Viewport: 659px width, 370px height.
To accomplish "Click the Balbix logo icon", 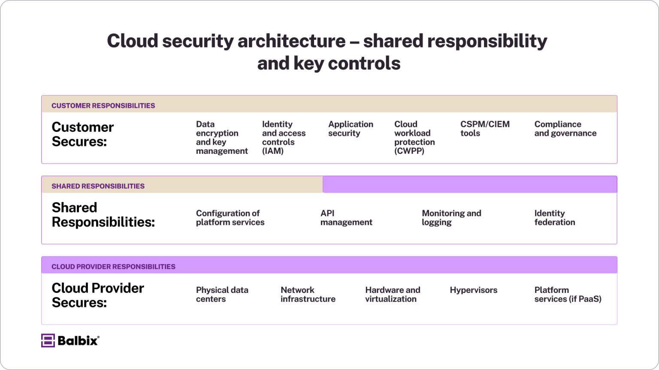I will pyautogui.click(x=48, y=340).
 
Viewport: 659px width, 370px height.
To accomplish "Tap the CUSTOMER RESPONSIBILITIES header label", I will pyautogui.click(x=103, y=106).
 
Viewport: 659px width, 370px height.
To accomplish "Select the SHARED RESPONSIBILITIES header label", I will pyautogui.click(x=98, y=186).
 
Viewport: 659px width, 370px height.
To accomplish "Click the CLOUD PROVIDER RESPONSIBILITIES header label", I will pyautogui.click(x=113, y=267).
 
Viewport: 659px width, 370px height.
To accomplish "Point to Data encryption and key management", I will pyautogui.click(x=221, y=137).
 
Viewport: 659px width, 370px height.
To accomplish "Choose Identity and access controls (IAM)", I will pyautogui.click(x=284, y=137).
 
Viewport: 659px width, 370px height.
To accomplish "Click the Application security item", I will pyautogui.click(x=351, y=129).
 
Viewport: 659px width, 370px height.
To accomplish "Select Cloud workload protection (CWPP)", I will pyautogui.click(x=414, y=137).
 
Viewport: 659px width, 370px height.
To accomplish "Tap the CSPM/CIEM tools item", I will pyautogui.click(x=485, y=129).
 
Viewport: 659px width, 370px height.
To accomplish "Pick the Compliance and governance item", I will pyautogui.click(x=565, y=129).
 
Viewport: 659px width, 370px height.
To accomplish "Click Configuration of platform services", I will pyautogui.click(x=230, y=218).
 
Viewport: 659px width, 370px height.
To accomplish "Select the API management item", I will pyautogui.click(x=346, y=218).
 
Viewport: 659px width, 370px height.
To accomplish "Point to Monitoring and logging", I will pyautogui.click(x=451, y=218).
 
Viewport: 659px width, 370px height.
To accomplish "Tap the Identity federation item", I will pyautogui.click(x=554, y=218).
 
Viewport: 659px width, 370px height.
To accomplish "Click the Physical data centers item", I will pyautogui.click(x=222, y=295).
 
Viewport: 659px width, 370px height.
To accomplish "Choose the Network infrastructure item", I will pyautogui.click(x=308, y=295).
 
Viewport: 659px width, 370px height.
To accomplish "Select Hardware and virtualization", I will pyautogui.click(x=392, y=295).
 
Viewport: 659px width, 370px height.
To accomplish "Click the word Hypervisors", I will pyautogui.click(x=473, y=290).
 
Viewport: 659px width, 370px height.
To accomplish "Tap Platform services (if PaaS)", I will pyautogui.click(x=568, y=295).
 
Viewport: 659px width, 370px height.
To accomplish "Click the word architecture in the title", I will pyautogui.click(x=291, y=41).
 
